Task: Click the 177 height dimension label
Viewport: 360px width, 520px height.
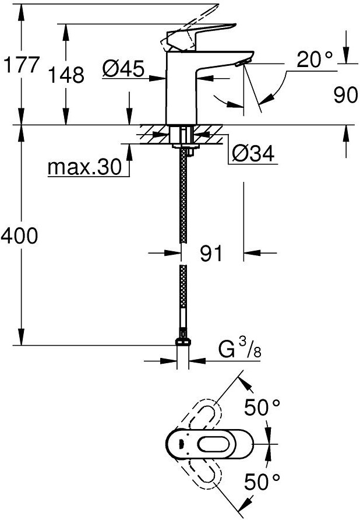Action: coord(21,65)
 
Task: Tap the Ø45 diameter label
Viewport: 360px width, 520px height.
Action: coord(123,69)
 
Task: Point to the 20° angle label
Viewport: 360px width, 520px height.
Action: coord(314,59)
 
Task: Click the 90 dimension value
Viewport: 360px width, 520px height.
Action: coord(346,95)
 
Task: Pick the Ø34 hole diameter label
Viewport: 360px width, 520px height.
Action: coord(253,153)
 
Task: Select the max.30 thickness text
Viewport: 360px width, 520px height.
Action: coord(85,167)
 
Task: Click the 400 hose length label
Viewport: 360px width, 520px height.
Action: coord(19,236)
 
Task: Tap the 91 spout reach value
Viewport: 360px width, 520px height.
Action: coord(211,254)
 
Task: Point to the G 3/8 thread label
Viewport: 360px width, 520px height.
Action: coord(240,350)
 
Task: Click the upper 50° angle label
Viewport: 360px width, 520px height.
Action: coord(262,407)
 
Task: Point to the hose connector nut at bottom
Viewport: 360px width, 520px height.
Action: coord(183,342)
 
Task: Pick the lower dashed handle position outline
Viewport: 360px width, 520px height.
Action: coord(200,474)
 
